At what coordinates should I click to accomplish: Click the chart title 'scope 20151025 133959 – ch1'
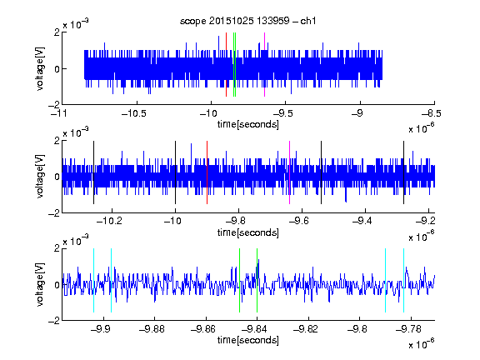(x=247, y=21)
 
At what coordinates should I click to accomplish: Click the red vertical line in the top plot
(x=226, y=65)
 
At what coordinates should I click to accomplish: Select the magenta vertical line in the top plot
(x=264, y=65)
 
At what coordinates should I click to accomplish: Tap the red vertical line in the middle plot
(x=207, y=172)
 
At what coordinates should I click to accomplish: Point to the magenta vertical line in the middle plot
(x=290, y=172)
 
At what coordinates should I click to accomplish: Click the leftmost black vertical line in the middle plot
(x=93, y=172)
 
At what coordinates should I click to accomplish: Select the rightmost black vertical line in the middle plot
(x=403, y=172)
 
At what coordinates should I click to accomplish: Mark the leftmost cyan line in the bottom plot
(x=93, y=280)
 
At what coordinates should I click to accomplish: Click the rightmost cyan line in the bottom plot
(x=403, y=280)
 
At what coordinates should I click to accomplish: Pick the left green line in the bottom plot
(x=239, y=280)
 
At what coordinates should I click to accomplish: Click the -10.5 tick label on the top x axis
(x=134, y=114)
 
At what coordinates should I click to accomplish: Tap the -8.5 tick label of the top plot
(x=431, y=114)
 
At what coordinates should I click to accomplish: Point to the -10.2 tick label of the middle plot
(x=109, y=221)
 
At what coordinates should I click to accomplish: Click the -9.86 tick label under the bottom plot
(x=203, y=329)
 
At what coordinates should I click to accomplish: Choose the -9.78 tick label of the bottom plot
(x=408, y=329)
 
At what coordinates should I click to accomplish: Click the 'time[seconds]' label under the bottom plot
(x=248, y=340)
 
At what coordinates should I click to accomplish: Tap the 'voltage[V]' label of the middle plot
(x=40, y=177)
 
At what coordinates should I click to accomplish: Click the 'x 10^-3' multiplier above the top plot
(x=76, y=23)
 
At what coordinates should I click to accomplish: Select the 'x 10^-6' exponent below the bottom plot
(x=422, y=344)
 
